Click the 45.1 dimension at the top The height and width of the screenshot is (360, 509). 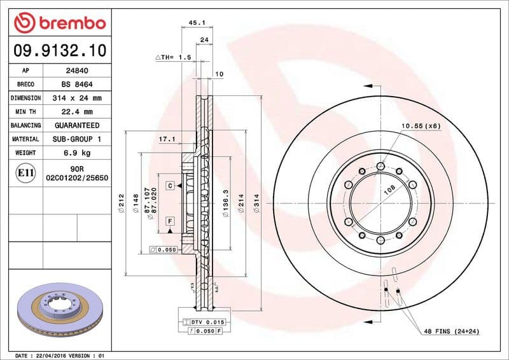197,22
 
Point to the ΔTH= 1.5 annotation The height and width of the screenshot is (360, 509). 174,57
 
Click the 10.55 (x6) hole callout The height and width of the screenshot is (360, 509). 420,126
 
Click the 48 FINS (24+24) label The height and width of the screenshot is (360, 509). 450,332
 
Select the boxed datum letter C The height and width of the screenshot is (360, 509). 171,186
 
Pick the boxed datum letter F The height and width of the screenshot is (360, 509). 171,221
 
